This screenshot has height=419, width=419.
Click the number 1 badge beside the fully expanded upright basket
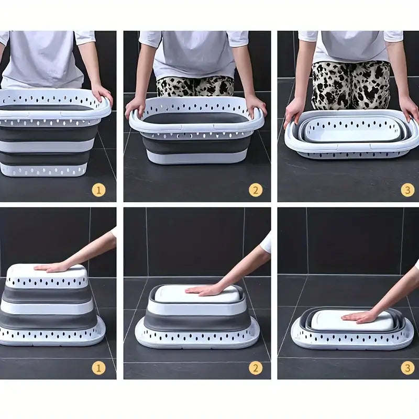tap(99, 190)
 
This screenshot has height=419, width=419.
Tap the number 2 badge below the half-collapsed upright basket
tap(255, 190)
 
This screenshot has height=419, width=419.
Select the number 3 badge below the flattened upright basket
tap(407, 190)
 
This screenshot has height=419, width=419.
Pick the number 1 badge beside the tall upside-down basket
tap(99, 368)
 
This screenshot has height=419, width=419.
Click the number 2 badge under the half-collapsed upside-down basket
tap(255, 368)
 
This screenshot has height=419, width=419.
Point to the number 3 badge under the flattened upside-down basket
tap(407, 368)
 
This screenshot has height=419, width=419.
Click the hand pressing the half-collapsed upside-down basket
tap(204, 289)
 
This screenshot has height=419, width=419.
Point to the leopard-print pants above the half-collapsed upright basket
tap(195, 86)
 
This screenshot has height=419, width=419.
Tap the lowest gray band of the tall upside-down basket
tap(50, 320)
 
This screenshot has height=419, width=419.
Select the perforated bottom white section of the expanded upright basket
tap(50, 169)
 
